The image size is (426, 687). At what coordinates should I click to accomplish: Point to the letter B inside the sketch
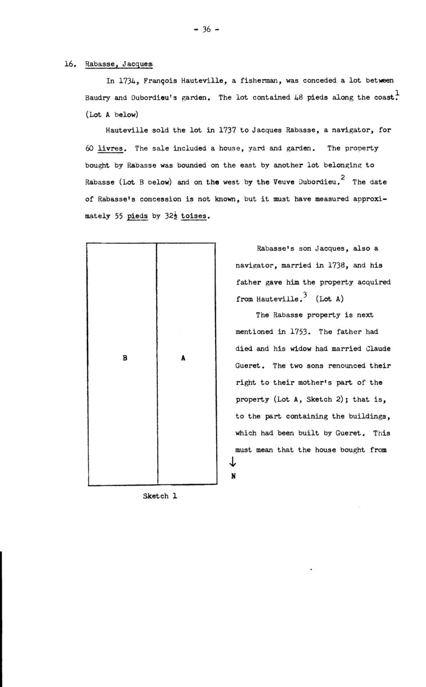coord(125,358)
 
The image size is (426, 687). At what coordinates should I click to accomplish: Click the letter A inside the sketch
coord(183,358)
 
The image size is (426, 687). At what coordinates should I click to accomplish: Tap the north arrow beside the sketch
coord(232,462)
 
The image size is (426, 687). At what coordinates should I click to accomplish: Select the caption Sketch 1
coord(160,496)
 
